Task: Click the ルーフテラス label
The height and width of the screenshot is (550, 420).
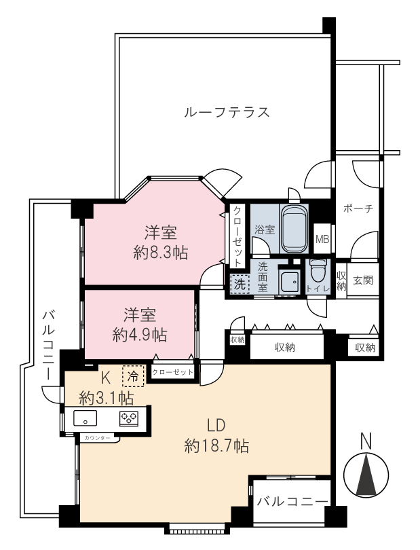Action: [x=227, y=112]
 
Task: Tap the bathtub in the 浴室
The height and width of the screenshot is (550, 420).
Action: [x=294, y=229]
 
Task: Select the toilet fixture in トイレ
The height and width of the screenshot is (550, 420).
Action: [x=318, y=271]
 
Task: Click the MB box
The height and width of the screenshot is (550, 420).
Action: [x=322, y=239]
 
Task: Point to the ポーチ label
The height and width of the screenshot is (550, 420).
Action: [x=358, y=208]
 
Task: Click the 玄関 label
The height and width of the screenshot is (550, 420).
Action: [x=363, y=280]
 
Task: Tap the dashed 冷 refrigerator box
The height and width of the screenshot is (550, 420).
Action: [x=133, y=376]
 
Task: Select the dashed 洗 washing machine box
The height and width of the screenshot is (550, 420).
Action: [x=240, y=284]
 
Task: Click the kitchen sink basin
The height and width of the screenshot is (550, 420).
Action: [x=85, y=418]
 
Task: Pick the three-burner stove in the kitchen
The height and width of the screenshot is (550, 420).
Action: [x=129, y=418]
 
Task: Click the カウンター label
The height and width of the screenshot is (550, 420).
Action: [x=97, y=438]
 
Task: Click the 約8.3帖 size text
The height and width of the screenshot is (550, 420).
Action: [x=161, y=253]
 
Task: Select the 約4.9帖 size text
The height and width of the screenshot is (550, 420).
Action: [x=140, y=335]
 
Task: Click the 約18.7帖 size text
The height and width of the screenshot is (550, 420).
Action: [x=216, y=446]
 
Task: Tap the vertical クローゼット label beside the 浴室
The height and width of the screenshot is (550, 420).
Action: [x=237, y=236]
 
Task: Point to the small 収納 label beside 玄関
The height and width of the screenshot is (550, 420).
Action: [x=341, y=281]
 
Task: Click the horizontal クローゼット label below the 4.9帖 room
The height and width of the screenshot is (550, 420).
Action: [x=172, y=372]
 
